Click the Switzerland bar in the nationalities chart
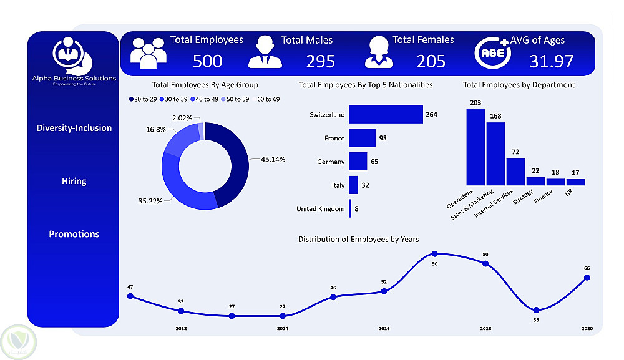coord(386,115)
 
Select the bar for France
coord(361,138)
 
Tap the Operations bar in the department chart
coord(475,147)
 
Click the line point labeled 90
coord(435,254)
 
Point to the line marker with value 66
coord(587,278)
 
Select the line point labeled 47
coord(130,296)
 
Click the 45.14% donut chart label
coord(273,159)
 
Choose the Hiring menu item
coord(74,182)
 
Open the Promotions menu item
coord(74,235)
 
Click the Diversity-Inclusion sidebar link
coord(74,128)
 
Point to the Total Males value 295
coord(320,61)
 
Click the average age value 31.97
coord(552,61)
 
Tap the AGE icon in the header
coord(493,52)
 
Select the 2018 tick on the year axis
coord(485,328)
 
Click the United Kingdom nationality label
coord(320,208)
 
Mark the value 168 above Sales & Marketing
coord(495,115)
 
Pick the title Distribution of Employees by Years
coord(358,239)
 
